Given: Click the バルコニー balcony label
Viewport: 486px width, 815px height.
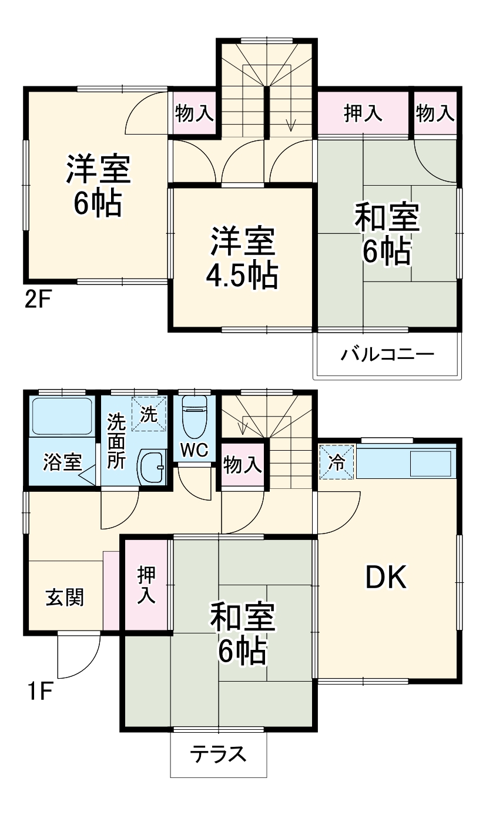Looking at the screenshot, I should [387, 354].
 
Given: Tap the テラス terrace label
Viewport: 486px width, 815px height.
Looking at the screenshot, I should [218, 754].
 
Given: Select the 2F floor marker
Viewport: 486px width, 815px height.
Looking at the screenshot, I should [38, 301].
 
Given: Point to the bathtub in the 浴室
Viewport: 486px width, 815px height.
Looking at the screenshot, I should [61, 416].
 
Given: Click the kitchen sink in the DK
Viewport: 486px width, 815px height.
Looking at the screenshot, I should [431, 463].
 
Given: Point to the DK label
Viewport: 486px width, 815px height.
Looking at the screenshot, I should [386, 579].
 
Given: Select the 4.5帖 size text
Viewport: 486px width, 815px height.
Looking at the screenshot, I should [242, 274].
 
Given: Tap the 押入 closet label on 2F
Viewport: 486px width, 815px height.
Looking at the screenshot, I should [363, 113].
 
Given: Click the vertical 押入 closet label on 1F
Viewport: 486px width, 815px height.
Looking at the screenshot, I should [146, 585].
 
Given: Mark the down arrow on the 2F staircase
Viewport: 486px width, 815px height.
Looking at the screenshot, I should [290, 124].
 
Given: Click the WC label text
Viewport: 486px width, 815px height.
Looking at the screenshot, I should [194, 450].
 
